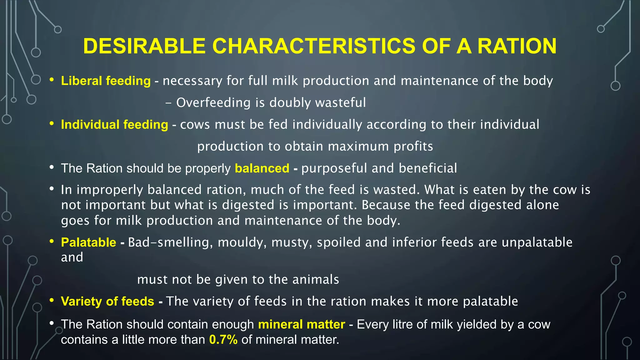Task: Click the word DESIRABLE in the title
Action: click(144, 46)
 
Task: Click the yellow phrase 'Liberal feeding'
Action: click(106, 81)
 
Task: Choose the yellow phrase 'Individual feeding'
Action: click(114, 125)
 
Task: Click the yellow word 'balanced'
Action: click(262, 168)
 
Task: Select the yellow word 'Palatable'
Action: click(88, 242)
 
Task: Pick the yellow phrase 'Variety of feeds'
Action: click(107, 302)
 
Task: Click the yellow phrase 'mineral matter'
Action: click(302, 325)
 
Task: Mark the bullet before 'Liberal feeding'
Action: click(52, 80)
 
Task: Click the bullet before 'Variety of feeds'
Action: click(52, 301)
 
